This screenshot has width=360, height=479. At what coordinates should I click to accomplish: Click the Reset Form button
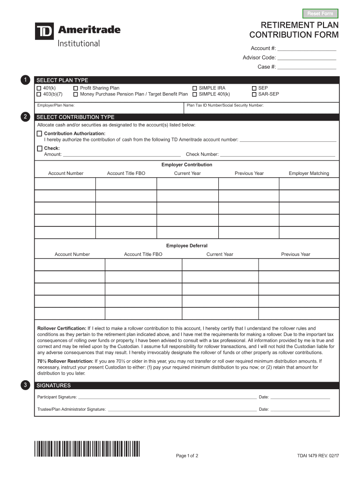pyautogui.click(x=320, y=13)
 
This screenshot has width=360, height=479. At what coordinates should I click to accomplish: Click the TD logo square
pyautogui.click(x=44, y=31)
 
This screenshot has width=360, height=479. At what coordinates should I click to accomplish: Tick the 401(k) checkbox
pyautogui.click(x=39, y=88)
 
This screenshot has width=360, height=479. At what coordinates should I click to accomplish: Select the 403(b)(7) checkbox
pyautogui.click(x=39, y=94)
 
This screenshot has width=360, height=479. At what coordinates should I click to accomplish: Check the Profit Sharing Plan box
pyautogui.click(x=76, y=88)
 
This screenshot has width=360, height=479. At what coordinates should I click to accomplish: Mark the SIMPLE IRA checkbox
pyautogui.click(x=194, y=88)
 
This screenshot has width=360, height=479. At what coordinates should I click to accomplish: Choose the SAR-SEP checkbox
pyautogui.click(x=254, y=94)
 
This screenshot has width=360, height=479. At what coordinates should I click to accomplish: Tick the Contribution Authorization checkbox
pyautogui.click(x=39, y=134)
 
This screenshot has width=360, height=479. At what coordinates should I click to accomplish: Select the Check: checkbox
pyautogui.click(x=39, y=148)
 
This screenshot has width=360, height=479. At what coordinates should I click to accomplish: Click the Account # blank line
pyautogui.click(x=307, y=49)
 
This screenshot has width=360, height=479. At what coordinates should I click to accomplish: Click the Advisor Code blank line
pyautogui.click(x=307, y=58)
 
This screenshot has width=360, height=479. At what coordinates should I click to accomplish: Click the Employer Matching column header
pyautogui.click(x=309, y=174)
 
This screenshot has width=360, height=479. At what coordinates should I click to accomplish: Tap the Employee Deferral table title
pyautogui.click(x=187, y=246)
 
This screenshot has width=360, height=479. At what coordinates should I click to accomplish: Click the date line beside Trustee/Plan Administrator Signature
pyautogui.click(x=300, y=409)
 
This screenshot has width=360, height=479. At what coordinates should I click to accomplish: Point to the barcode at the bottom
pyautogui.click(x=87, y=449)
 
